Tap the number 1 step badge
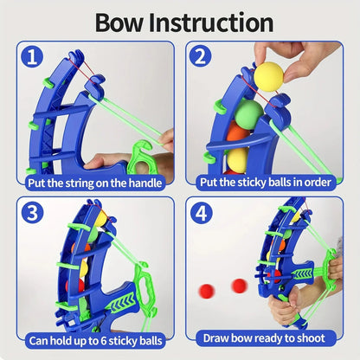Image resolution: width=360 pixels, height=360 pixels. (x=33, y=58)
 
